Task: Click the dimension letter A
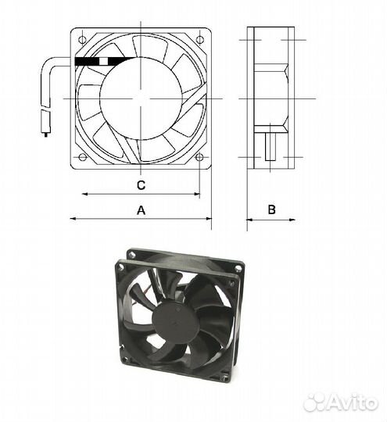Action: [142, 209]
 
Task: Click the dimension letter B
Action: [271, 209]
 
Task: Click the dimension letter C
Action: [141, 185]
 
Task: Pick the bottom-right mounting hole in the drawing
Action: [199, 157]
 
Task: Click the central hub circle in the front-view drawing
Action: [141, 98]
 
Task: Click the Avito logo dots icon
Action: [315, 402]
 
